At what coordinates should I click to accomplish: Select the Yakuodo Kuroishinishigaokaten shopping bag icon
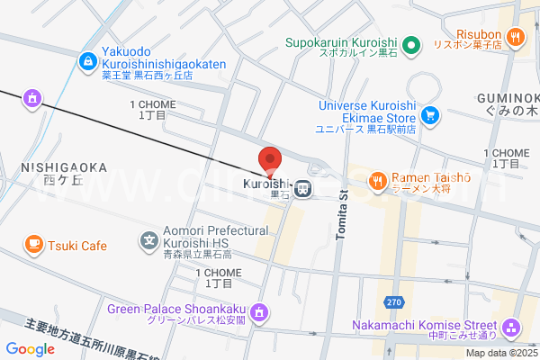click(x=88, y=61)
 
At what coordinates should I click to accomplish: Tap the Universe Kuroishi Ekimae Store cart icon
click(x=430, y=114)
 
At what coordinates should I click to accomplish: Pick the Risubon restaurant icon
click(x=516, y=36)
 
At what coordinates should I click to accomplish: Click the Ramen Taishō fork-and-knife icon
click(x=377, y=182)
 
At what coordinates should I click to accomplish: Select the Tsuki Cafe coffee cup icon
click(x=33, y=244)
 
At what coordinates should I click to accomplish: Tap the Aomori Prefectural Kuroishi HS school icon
click(x=149, y=240)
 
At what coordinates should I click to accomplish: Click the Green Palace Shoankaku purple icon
click(x=259, y=311)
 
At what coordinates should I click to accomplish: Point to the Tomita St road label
click(x=341, y=215)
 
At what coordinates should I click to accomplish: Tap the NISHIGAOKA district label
click(x=62, y=168)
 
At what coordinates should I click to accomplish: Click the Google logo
click(x=30, y=349)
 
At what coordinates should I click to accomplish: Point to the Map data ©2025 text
click(x=502, y=353)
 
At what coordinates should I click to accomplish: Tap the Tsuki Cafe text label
click(x=77, y=245)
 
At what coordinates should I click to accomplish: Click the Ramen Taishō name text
click(x=431, y=177)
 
